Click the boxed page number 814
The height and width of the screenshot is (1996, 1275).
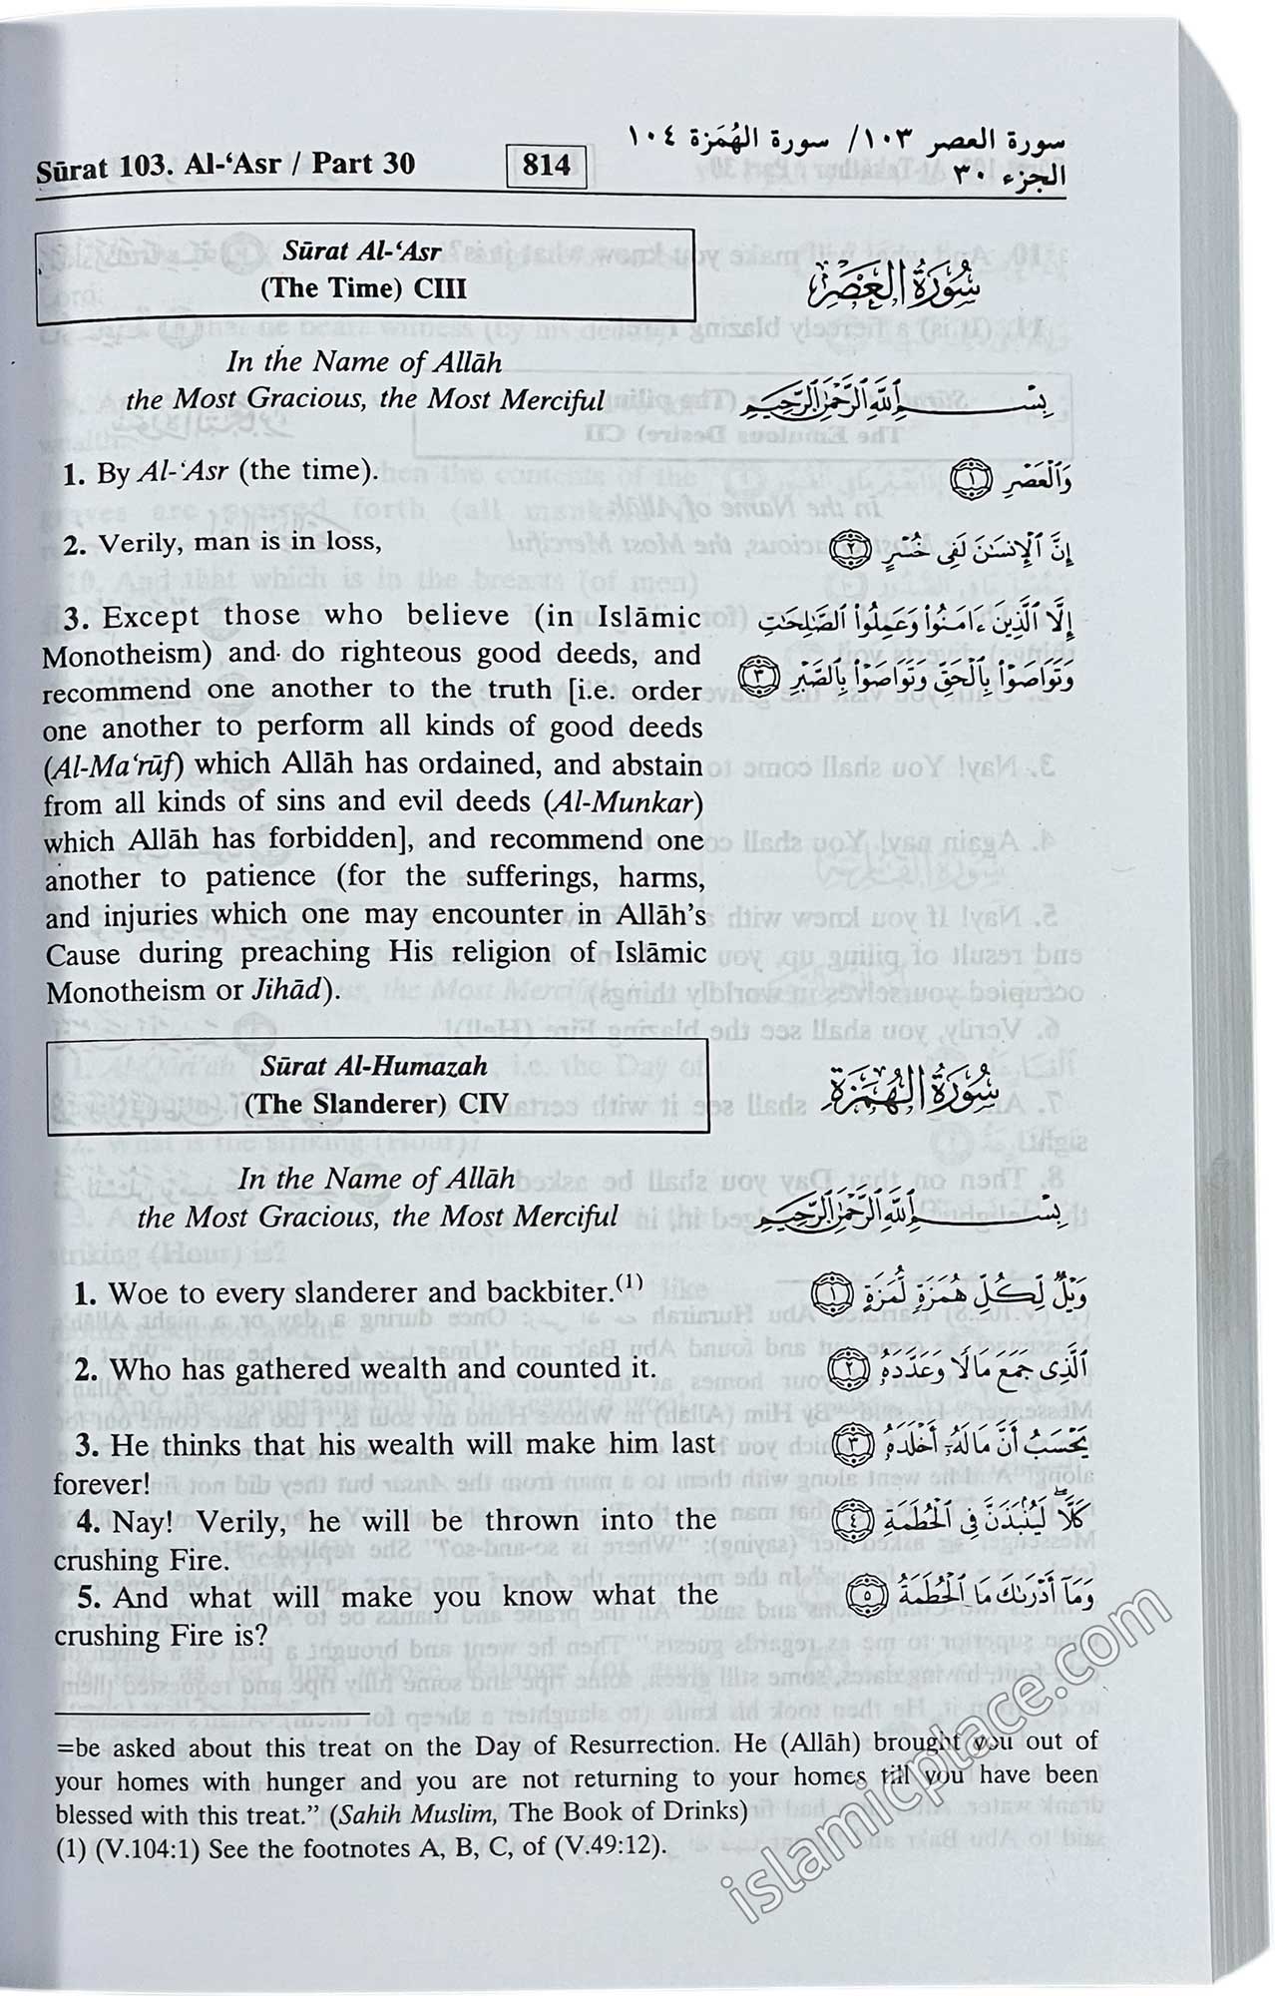click(x=546, y=164)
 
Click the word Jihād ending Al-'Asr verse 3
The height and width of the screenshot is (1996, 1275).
click(x=289, y=990)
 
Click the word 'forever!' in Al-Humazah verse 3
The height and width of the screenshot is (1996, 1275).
click(x=101, y=1484)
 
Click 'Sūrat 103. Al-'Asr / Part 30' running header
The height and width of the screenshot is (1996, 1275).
click(x=225, y=165)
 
